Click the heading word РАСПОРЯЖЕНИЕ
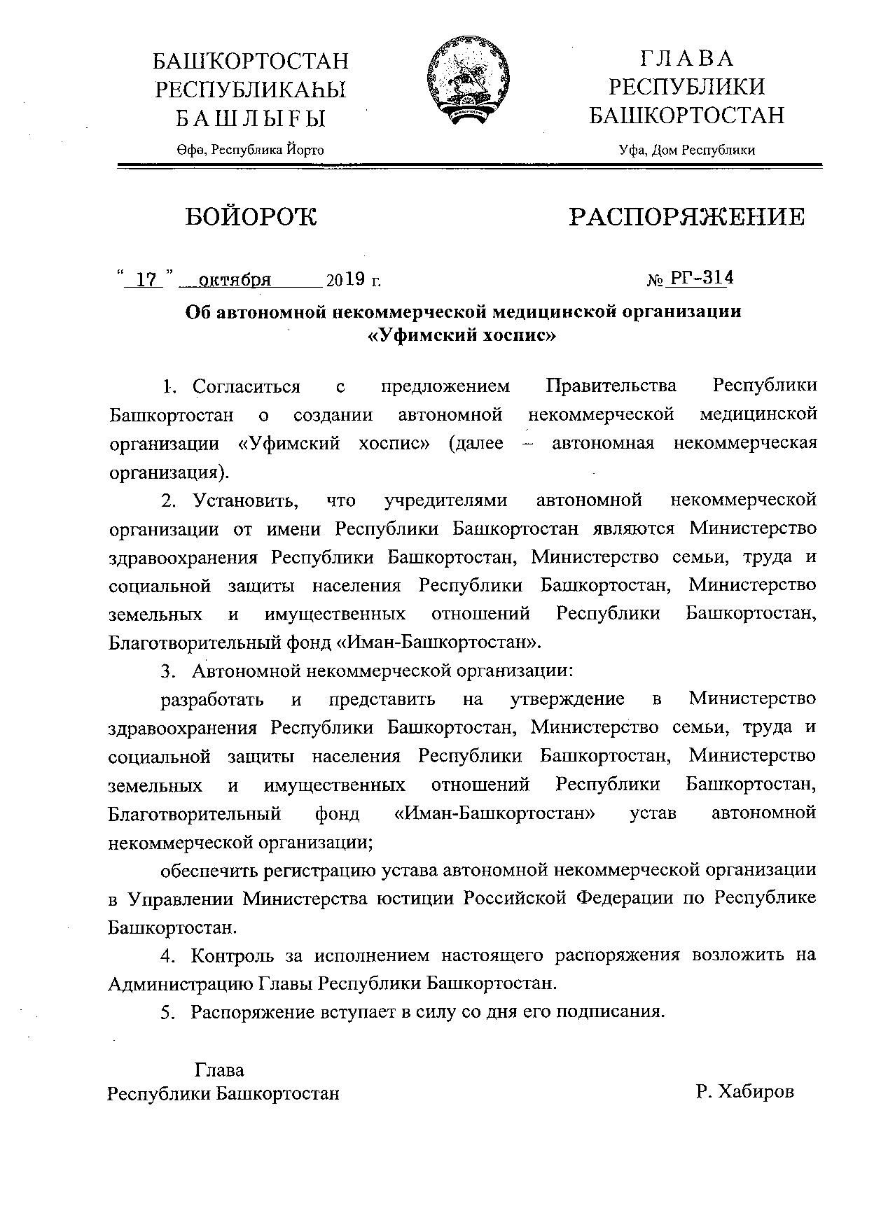coord(686,217)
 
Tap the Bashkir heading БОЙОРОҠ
coord(251,217)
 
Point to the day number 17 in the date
coord(145,280)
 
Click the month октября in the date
coord(235,280)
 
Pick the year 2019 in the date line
coord(345,280)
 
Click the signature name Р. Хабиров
coord(745,1092)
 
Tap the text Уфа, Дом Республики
coord(686,150)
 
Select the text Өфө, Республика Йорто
coord(250,150)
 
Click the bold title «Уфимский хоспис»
coord(462,335)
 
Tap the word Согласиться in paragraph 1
coord(246,386)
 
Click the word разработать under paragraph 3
coord(213,699)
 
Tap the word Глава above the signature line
coord(219,1070)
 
